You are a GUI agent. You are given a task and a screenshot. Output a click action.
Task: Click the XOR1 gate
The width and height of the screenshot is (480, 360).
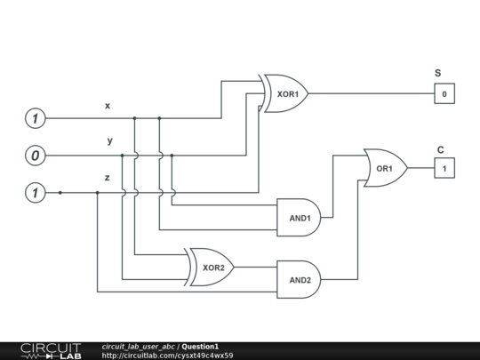(284, 93)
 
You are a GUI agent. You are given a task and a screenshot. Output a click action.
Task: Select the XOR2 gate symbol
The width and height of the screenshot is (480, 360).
(210, 267)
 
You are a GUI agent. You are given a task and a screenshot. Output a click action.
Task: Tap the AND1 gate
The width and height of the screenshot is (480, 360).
(298, 218)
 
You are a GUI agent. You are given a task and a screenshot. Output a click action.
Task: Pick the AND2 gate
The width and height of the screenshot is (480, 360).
(298, 279)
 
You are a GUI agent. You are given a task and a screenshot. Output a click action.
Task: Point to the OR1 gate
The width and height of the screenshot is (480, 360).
(384, 167)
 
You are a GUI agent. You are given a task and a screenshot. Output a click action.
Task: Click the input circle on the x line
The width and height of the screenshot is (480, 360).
(35, 118)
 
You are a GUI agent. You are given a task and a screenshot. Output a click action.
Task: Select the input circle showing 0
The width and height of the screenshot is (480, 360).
(35, 156)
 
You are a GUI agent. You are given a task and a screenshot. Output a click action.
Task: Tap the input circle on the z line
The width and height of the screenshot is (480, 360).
(35, 192)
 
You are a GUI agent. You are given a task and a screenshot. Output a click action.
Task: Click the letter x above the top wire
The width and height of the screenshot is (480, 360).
(108, 106)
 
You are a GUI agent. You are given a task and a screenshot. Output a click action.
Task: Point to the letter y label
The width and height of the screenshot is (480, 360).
(109, 141)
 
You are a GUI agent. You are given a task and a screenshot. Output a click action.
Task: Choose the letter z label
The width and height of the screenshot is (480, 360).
(107, 178)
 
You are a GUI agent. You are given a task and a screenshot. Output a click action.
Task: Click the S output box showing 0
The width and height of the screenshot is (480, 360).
(444, 93)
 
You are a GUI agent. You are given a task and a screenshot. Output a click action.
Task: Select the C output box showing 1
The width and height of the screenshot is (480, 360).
(444, 167)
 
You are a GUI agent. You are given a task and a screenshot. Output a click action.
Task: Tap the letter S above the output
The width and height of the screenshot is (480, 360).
(437, 73)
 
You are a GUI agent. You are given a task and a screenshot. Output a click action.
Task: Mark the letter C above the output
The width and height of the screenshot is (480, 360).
(440, 149)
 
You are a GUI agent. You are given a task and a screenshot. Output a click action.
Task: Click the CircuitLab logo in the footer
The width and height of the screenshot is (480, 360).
(50, 350)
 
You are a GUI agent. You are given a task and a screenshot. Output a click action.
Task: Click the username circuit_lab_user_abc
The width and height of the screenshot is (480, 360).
(139, 346)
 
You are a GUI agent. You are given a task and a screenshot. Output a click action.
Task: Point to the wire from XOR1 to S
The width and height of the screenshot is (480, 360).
(369, 93)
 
